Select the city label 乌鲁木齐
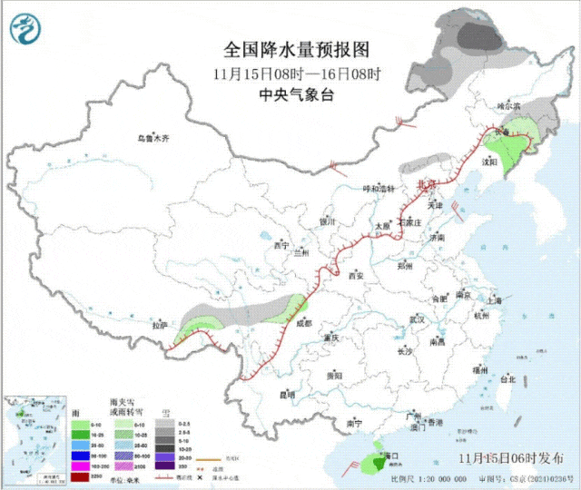click(x=153, y=139)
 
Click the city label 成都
click(x=302, y=322)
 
